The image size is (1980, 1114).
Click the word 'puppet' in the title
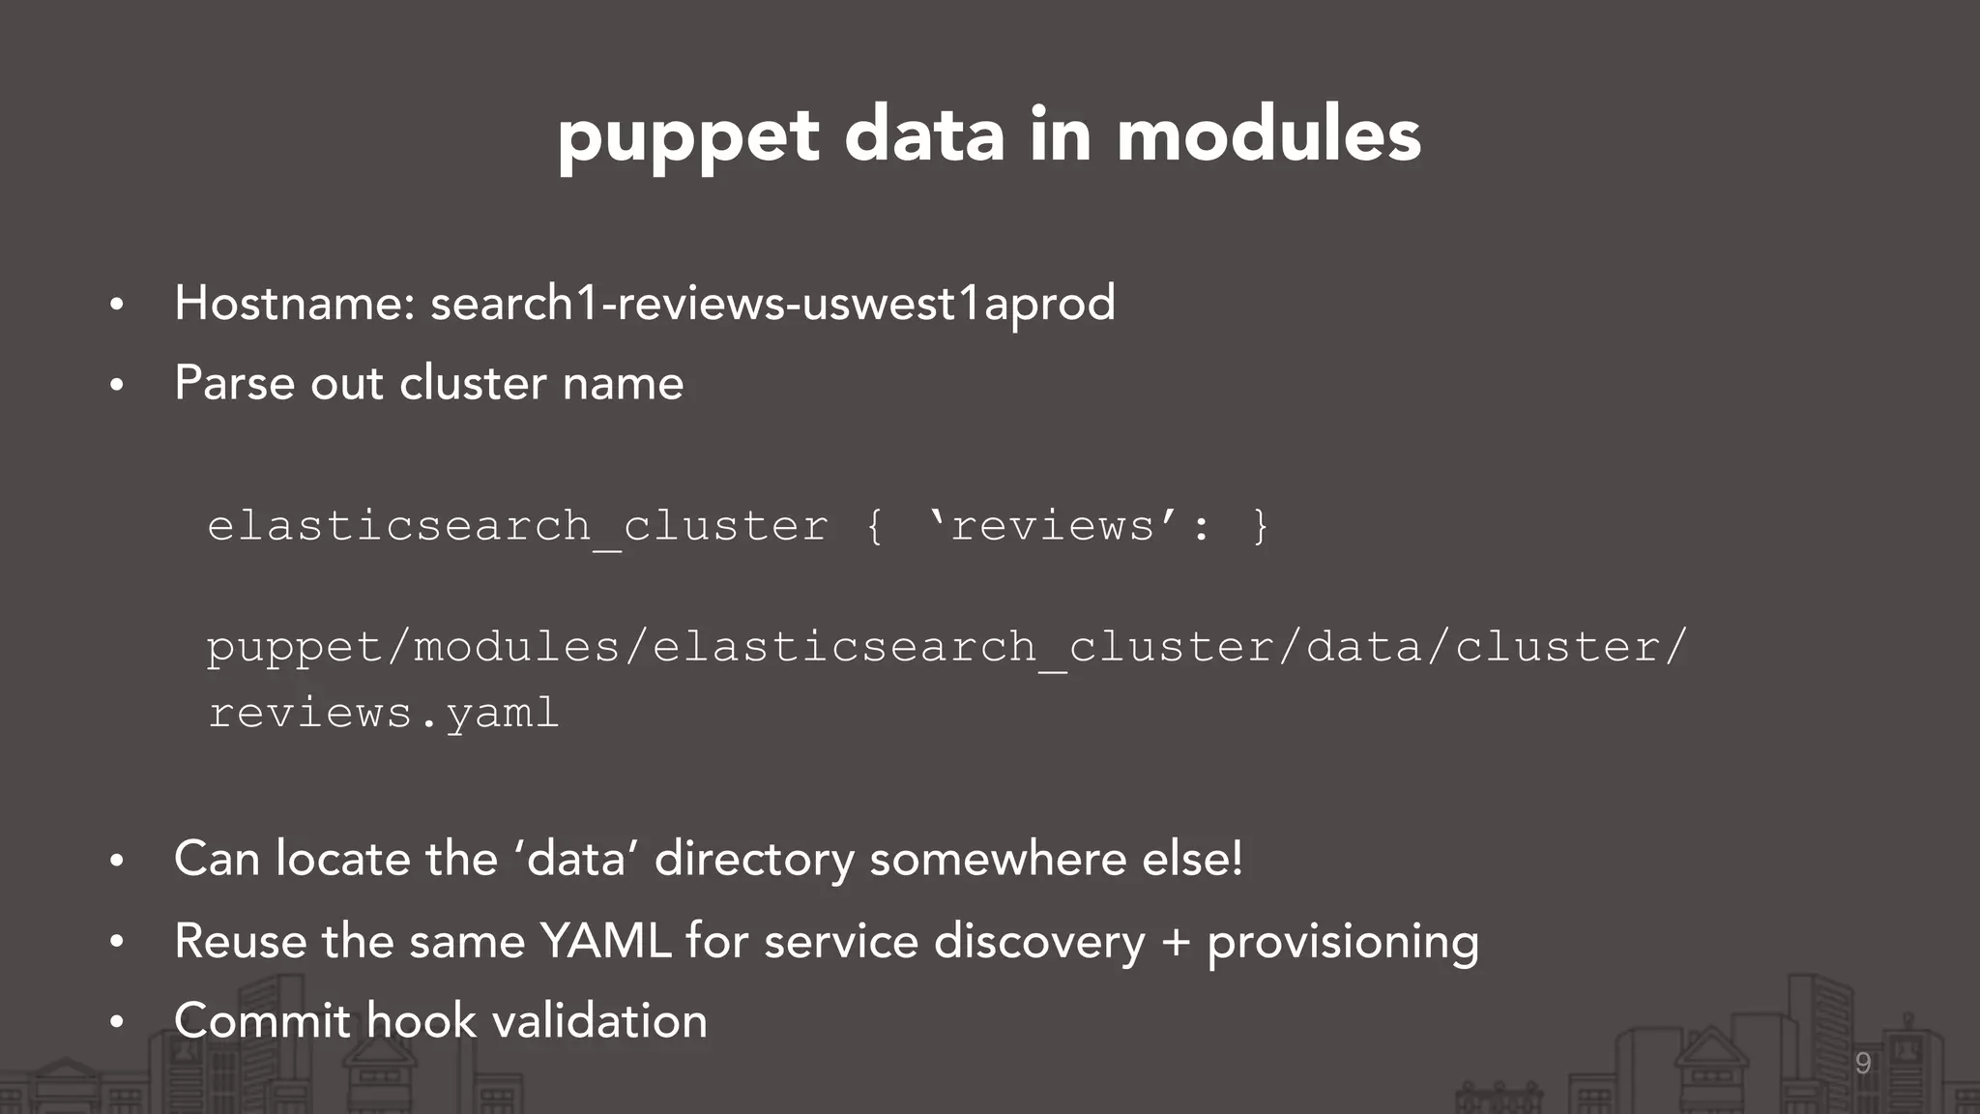point(688,136)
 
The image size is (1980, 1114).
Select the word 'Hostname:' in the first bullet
point(295,303)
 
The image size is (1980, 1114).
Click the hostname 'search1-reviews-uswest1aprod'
point(772,303)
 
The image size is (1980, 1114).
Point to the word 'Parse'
point(235,383)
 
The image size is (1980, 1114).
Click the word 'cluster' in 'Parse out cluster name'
point(474,383)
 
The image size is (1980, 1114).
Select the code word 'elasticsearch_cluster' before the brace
point(517,527)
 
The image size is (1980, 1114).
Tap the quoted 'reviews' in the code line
point(1053,527)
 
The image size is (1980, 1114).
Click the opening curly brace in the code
point(874,527)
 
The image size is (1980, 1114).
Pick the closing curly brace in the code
point(1260,527)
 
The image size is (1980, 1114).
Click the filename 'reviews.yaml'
point(384,714)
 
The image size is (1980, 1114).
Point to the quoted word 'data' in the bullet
point(577,858)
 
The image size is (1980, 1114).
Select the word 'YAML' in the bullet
point(605,941)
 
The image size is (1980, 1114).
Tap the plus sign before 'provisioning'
point(1176,941)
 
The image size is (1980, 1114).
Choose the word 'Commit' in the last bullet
point(262,1021)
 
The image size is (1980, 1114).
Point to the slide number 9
point(1863,1064)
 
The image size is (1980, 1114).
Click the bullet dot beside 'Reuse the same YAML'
point(117,941)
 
